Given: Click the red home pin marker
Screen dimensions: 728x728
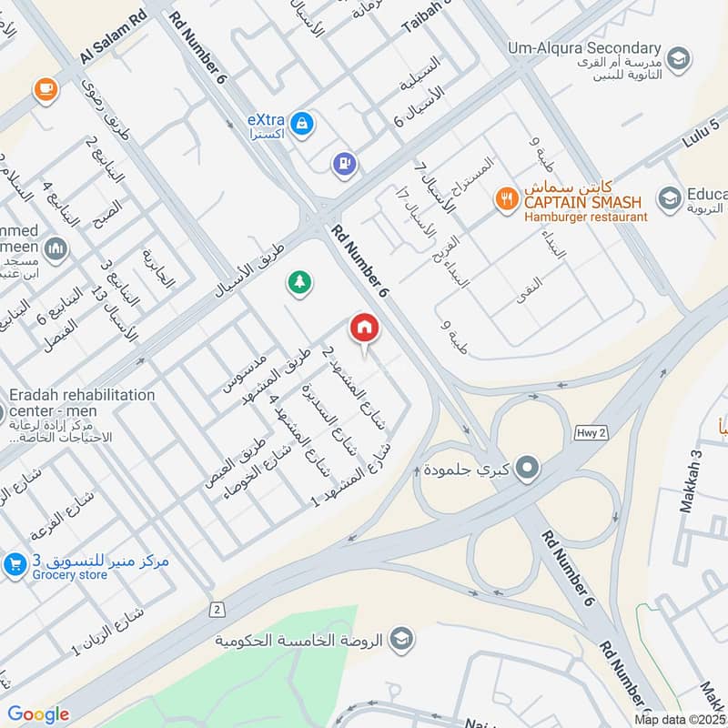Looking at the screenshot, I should coord(364,327).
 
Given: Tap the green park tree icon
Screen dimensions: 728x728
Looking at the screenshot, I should coord(298,282).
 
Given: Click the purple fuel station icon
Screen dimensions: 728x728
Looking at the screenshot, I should coord(345,164).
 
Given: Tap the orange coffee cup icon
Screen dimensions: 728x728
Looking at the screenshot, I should coord(44,88).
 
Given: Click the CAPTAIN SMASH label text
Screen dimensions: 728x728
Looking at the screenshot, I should coord(581,202).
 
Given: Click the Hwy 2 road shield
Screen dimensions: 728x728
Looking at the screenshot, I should coord(587,433).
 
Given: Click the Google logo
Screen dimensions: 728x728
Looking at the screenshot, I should coord(38,714).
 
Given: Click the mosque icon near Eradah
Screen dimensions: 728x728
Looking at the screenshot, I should coord(55,248).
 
